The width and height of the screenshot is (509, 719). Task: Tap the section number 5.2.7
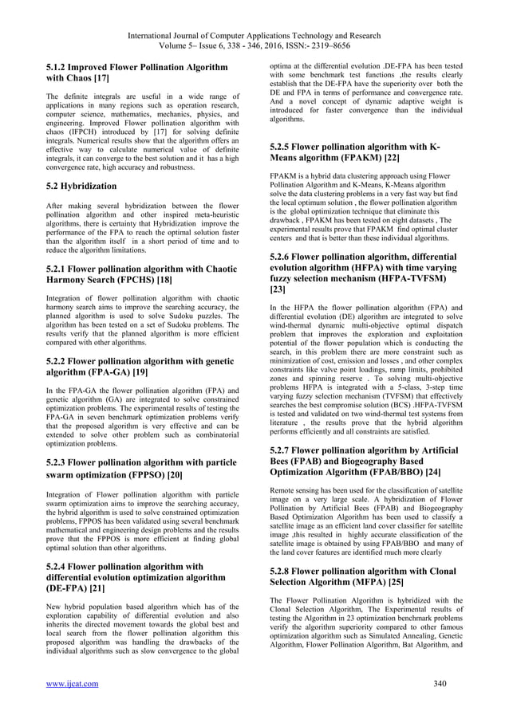288,450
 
